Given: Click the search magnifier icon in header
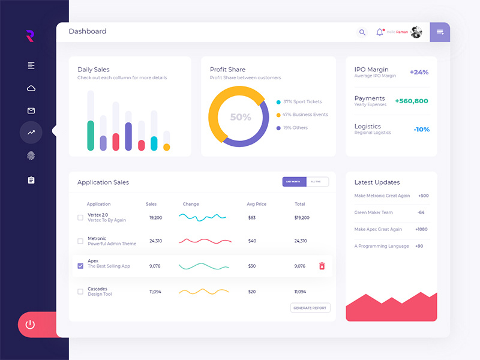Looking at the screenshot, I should point(362,32).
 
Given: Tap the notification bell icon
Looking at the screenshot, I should point(379,32).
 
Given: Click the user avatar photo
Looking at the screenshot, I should point(416,32).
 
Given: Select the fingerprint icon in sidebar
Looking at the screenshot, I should point(31,156).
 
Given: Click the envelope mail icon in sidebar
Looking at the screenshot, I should point(31,110).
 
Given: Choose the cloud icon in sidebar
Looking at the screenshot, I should point(31,88).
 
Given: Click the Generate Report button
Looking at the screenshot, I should point(310,308).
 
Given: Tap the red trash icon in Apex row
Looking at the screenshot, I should point(322,266).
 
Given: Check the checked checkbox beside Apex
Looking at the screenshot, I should point(80,266).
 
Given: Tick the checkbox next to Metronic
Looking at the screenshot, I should point(80,241).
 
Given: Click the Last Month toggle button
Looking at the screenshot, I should point(294,182).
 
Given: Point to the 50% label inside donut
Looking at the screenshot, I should point(241,117).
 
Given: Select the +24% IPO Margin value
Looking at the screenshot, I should point(419,72).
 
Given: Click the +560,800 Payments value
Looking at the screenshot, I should point(412,101).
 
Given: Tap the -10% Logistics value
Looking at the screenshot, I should point(421,130).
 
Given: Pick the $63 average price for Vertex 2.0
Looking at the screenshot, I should point(252,217).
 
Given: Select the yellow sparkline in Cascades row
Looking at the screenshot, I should point(204,292).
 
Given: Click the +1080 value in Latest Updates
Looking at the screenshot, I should point(421,229).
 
